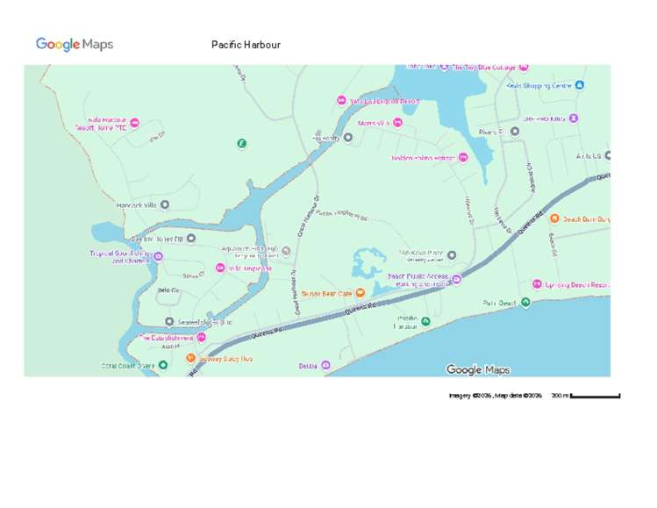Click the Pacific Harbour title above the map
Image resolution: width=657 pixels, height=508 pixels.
[246, 45]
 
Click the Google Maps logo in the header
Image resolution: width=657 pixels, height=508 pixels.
[75, 45]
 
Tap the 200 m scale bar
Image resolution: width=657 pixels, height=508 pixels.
[595, 396]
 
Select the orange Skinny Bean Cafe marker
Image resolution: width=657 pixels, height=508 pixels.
[360, 293]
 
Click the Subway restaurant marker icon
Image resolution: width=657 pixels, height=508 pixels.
[190, 357]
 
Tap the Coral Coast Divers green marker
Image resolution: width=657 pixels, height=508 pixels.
[162, 365]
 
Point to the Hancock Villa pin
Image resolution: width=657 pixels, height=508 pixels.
[164, 205]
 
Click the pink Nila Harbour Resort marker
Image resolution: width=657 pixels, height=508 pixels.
[134, 123]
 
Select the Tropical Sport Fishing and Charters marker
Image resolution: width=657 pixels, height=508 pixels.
[159, 256]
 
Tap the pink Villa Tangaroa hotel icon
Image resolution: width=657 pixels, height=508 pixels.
[219, 268]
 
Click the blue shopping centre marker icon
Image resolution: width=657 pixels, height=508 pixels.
[580, 85]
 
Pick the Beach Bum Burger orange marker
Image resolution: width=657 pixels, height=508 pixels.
[555, 219]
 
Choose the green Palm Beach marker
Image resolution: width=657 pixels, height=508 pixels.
[525, 303]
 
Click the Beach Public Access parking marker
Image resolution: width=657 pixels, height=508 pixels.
[456, 280]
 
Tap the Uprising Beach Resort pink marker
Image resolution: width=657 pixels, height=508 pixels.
[537, 284]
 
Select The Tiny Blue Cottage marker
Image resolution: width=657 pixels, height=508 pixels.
[524, 67]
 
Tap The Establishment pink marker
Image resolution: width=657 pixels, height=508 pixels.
[201, 337]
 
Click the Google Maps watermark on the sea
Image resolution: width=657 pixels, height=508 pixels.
[477, 369]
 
